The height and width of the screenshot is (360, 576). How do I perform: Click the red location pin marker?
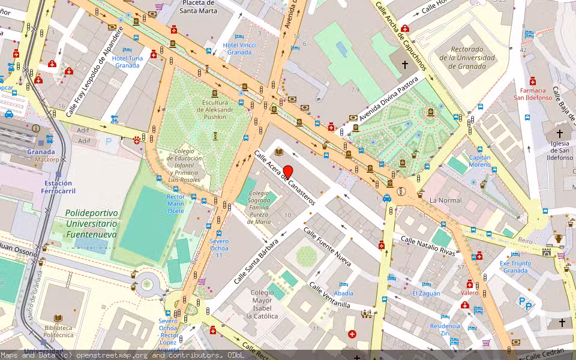(x=287, y=172)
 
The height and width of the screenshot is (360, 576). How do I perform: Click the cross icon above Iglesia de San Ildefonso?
(x=560, y=134)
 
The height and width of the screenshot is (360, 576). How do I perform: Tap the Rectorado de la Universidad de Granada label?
(x=467, y=58)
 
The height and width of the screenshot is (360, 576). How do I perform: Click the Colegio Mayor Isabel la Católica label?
(x=265, y=304)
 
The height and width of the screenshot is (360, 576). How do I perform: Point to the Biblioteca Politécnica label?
(x=58, y=332)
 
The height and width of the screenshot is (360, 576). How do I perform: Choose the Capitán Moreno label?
(x=479, y=161)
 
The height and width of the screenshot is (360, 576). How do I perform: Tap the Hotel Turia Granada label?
(x=127, y=62)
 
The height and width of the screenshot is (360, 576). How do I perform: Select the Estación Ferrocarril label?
(x=58, y=187)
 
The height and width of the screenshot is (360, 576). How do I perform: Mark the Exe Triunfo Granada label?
(x=515, y=266)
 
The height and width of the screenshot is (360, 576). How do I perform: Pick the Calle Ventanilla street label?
(x=329, y=295)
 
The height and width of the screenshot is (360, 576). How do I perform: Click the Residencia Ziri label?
(x=445, y=329)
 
